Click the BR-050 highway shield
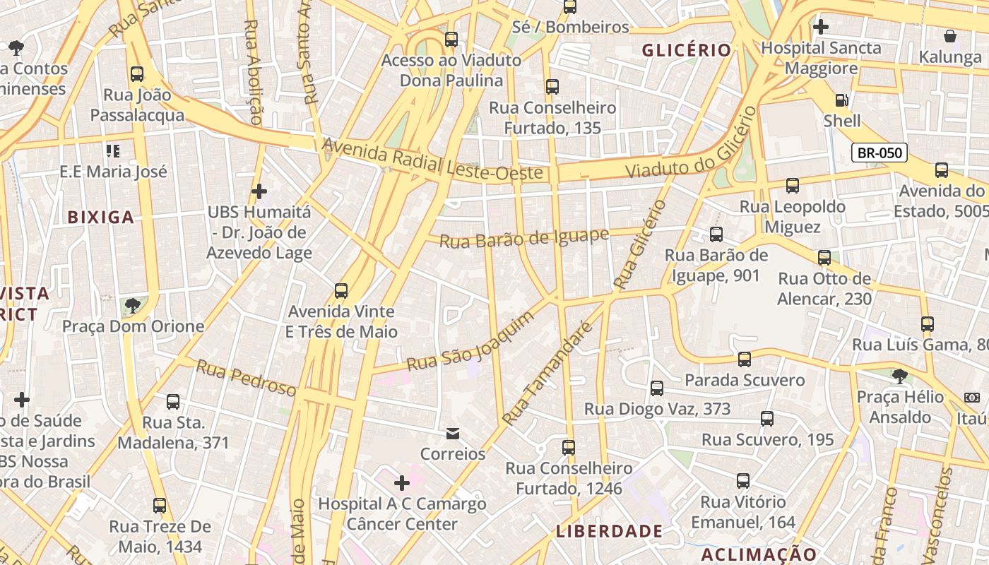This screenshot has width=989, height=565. coord(879,153)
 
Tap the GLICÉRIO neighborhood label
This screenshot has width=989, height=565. coord(686,50)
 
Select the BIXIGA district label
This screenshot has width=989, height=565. coord(101,218)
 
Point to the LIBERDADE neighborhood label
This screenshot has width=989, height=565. coord(609,531)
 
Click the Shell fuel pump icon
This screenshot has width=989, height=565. coord(841,100)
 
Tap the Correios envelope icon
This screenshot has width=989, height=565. coord(453,433)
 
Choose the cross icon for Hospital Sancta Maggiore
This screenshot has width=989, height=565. coord(820,28)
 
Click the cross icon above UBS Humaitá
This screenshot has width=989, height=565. coord(259,191)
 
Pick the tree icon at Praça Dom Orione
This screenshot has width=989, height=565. coord(132,306)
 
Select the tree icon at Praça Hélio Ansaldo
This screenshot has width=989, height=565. coord(899,376)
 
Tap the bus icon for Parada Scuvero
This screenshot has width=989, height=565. coord(744,359)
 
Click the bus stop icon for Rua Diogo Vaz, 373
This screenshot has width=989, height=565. coord(657,388)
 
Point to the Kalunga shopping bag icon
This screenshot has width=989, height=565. coord(950,35)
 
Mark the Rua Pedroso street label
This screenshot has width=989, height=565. coord(246,379)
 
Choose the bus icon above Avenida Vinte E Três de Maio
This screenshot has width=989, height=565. coord(341,291)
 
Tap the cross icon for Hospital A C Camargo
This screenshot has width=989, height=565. coord(402,483)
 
